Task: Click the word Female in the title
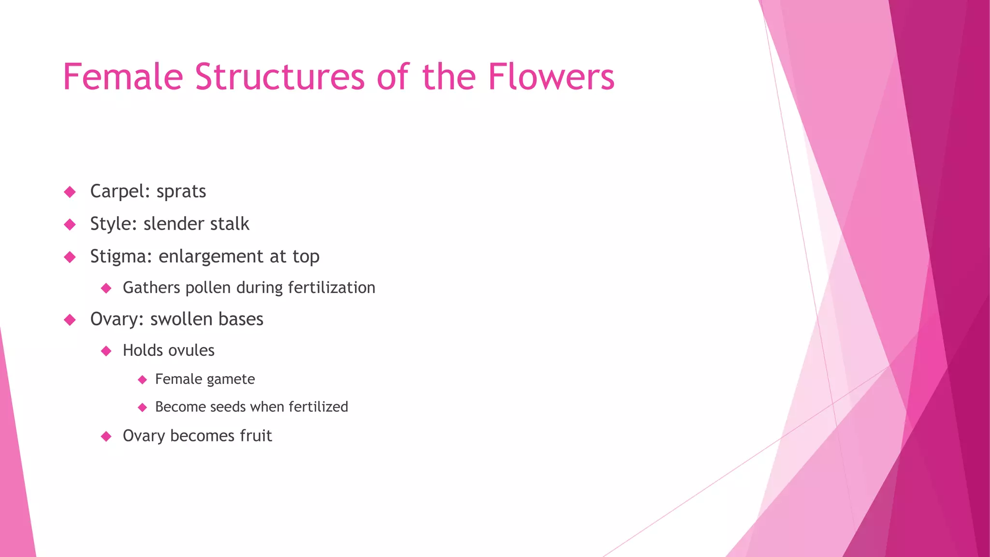[123, 77]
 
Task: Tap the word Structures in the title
[279, 77]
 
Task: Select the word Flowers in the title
[551, 77]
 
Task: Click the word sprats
[181, 192]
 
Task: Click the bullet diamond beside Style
[70, 224]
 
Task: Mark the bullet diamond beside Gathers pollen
[106, 289]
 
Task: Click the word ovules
[191, 351]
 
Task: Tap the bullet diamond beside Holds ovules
[106, 351]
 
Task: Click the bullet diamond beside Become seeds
[142, 408]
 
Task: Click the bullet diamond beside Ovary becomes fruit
[106, 437]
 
